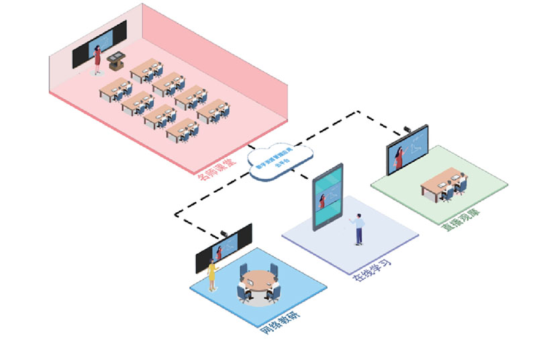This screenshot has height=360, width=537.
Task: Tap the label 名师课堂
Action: [216, 168]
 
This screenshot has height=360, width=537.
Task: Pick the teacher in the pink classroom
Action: [98, 57]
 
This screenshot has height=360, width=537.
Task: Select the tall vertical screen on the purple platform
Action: [327, 199]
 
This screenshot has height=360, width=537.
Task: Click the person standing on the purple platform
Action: [358, 228]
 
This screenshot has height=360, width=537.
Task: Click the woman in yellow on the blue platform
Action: [213, 274]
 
